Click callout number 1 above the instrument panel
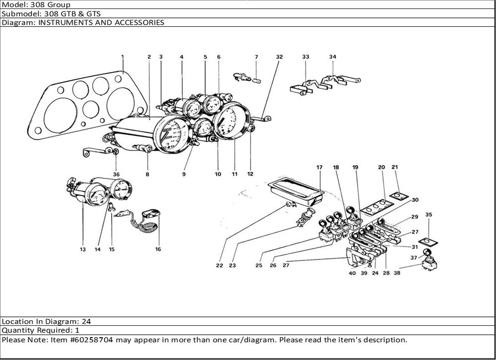pyautogui.click(x=122, y=57)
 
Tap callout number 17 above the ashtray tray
pyautogui.click(x=319, y=168)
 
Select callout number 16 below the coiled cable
pyautogui.click(x=158, y=249)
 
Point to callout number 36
pyautogui.click(x=116, y=174)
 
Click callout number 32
pyautogui.click(x=279, y=57)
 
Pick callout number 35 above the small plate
pyautogui.click(x=429, y=215)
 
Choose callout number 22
pyautogui.click(x=219, y=265)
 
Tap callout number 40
pyautogui.click(x=352, y=273)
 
